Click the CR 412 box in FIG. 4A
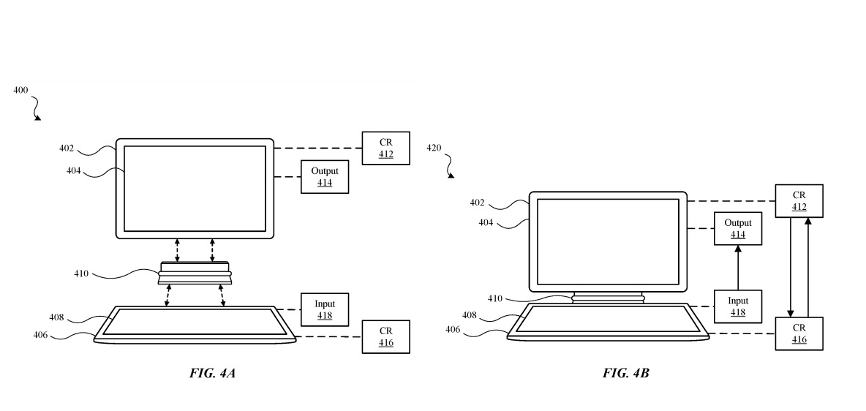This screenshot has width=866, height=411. [x=385, y=148]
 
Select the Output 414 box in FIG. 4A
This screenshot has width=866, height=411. [x=325, y=176]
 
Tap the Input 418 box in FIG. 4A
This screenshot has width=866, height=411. [x=325, y=309]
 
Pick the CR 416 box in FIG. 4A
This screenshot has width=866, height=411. [x=385, y=336]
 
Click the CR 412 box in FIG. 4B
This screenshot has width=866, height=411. [x=799, y=201]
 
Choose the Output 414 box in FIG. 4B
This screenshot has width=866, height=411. [x=738, y=228]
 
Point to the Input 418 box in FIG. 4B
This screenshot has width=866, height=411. [x=738, y=306]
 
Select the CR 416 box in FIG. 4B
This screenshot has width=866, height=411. [x=799, y=333]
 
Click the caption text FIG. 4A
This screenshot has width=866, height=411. [x=213, y=374]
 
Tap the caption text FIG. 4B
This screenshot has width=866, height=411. [x=625, y=374]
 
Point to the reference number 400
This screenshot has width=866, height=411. [x=20, y=90]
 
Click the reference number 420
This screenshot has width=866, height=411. [x=434, y=148]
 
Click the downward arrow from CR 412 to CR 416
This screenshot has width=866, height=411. [x=791, y=267]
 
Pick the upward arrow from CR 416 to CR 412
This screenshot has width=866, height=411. [x=807, y=267]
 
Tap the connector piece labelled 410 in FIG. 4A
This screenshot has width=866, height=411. [x=195, y=274]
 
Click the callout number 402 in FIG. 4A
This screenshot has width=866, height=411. [x=67, y=148]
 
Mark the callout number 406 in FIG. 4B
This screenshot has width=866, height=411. [x=453, y=329]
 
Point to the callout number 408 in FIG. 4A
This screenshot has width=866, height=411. [x=56, y=318]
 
